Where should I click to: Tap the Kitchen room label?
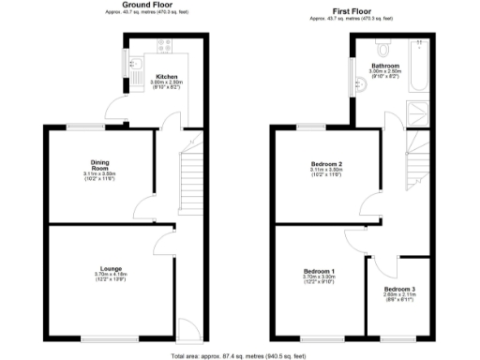coord(167,77)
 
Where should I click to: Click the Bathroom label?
coord(385,66)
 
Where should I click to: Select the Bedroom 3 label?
coord(399,289)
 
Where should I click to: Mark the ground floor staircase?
coord(191,177)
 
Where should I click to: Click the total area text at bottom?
coord(240,355)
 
